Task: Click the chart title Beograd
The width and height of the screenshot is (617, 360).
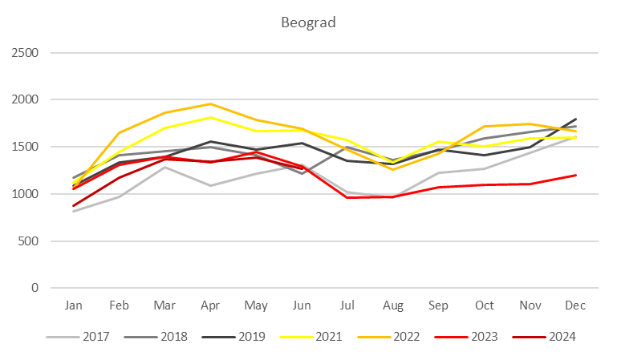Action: pyautogui.click(x=308, y=22)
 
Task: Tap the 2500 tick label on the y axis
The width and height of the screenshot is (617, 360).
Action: pyautogui.click(x=29, y=53)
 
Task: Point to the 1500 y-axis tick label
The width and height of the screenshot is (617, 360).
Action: pyautogui.click(x=29, y=147)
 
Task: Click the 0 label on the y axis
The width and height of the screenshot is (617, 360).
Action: pyautogui.click(x=39, y=288)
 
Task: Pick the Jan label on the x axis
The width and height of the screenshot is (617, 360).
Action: pyautogui.click(x=74, y=306)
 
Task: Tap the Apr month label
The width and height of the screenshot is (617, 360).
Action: pyautogui.click(x=211, y=306)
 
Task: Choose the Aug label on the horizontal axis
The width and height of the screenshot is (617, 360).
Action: pyautogui.click(x=393, y=306)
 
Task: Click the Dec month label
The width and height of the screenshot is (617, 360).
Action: pyautogui.click(x=575, y=306)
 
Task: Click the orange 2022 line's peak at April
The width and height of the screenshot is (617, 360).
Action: pyautogui.click(x=210, y=103)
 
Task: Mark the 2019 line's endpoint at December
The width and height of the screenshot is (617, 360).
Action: pyautogui.click(x=575, y=119)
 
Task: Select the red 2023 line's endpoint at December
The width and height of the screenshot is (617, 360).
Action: pyautogui.click(x=575, y=175)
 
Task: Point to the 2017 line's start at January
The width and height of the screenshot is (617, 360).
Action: pyautogui.click(x=74, y=211)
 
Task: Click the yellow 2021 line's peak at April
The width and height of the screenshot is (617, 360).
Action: pyautogui.click(x=210, y=117)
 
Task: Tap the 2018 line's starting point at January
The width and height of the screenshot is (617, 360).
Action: pyautogui.click(x=74, y=178)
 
